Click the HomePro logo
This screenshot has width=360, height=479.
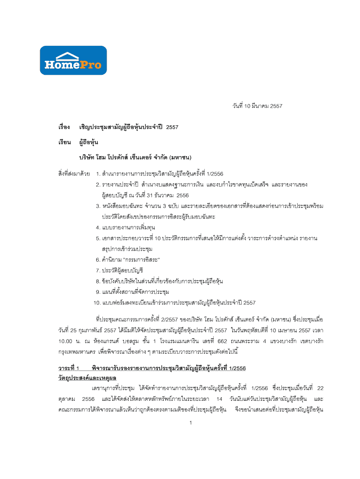pos(73,60)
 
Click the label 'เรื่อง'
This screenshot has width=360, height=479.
pos(65,127)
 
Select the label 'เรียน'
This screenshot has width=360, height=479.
pos(65,142)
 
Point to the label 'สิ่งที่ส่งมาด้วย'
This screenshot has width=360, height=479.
pos(74,174)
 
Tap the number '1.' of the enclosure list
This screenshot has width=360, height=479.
pos(98,174)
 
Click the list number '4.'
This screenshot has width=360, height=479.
pos(98,228)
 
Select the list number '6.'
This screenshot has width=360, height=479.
pos(98,259)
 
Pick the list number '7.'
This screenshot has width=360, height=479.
pos(98,270)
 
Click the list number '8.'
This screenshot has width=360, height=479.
pos(98,281)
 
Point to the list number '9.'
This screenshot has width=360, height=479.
pos(98,291)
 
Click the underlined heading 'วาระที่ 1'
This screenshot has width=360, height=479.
pos(71,367)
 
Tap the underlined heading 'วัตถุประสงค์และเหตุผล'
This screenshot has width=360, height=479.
pos(87,377)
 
